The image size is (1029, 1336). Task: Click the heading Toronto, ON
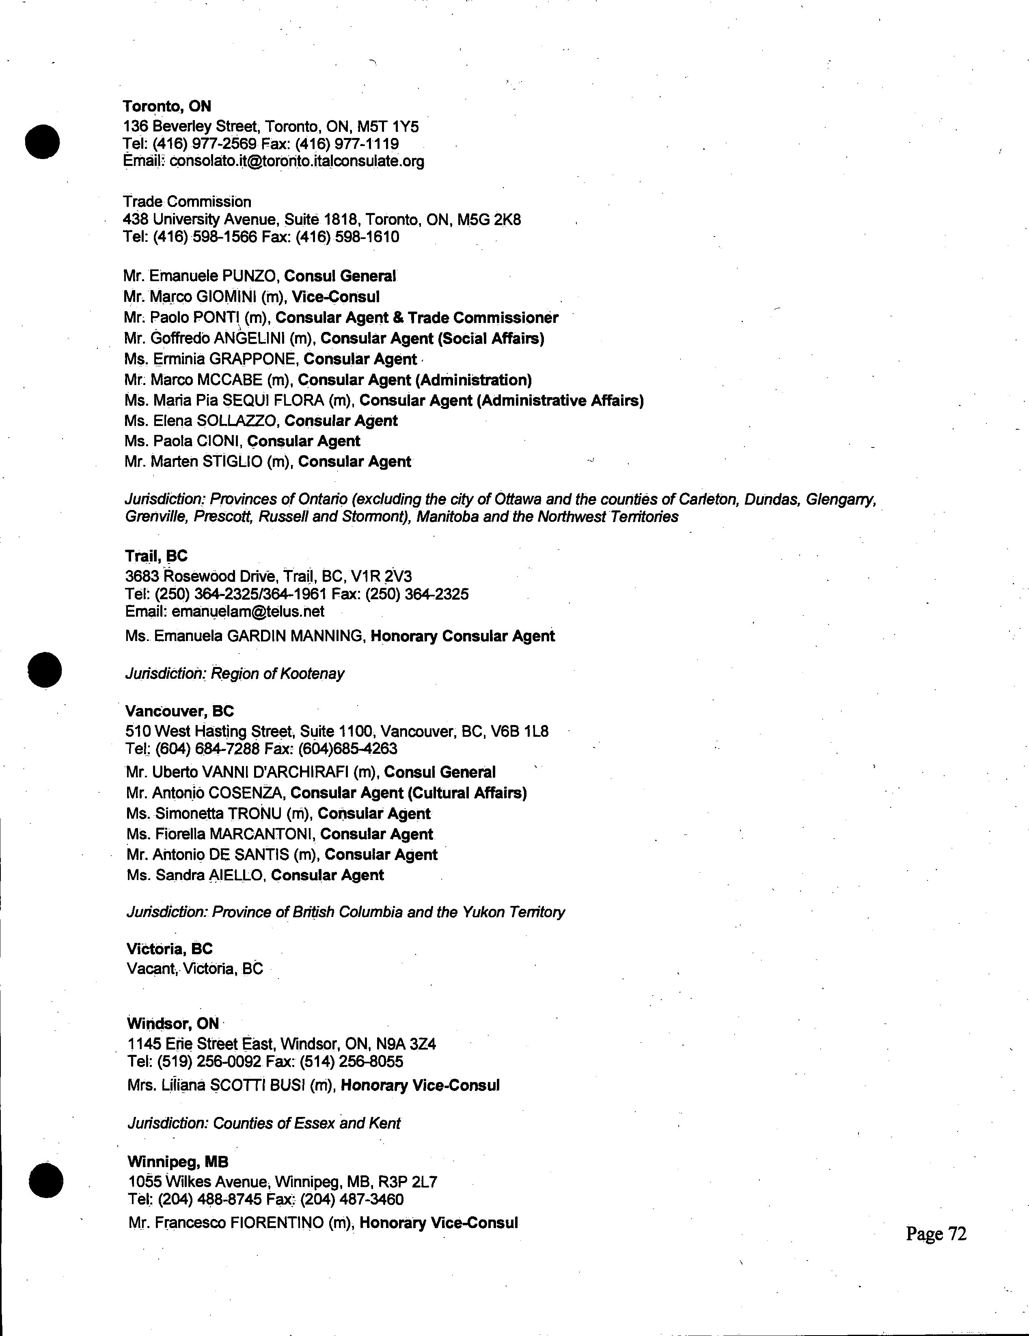tap(166, 106)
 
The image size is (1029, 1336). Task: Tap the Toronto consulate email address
tap(296, 161)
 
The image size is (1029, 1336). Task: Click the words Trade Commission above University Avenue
tap(187, 202)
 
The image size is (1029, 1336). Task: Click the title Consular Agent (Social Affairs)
tap(432, 338)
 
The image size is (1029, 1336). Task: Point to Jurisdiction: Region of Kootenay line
tap(235, 673)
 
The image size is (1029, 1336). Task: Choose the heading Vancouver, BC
tap(179, 711)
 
